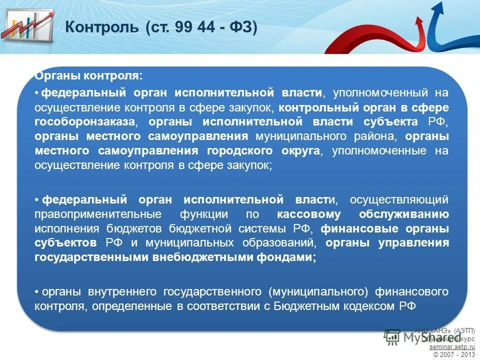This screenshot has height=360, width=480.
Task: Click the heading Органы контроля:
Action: coord(88,76)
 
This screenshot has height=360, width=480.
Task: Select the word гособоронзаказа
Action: coord(84,122)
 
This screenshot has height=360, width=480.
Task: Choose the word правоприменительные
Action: coord(98,214)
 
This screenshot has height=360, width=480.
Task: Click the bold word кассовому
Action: coord(308,214)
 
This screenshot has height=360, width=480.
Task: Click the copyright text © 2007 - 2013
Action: coord(454,354)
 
